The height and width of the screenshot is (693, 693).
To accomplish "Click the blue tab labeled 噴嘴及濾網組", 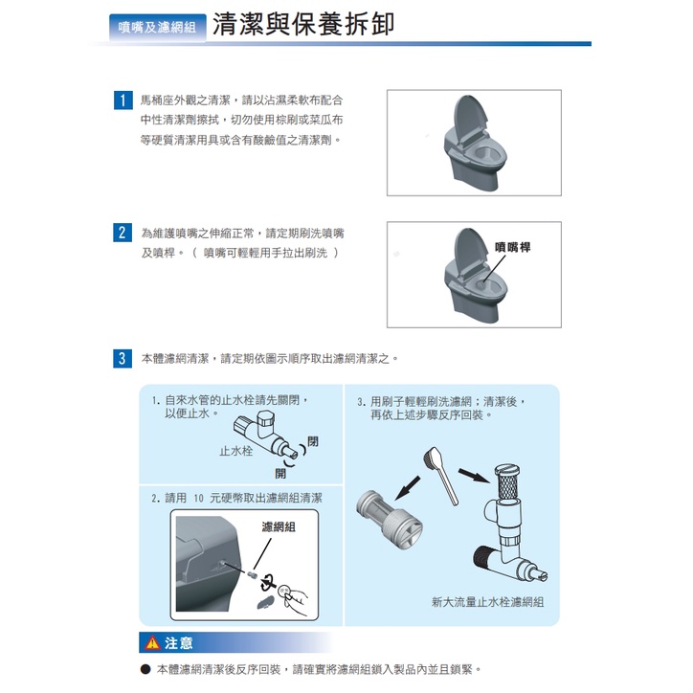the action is point(157,28).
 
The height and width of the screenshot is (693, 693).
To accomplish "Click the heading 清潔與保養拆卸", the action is point(303,23).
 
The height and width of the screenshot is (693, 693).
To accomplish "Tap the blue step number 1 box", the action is point(123,100).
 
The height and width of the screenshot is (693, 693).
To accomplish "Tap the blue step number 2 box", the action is point(123,233).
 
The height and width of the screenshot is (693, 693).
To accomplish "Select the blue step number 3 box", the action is point(123,358).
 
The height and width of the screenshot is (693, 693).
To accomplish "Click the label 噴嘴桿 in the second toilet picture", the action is point(513,247).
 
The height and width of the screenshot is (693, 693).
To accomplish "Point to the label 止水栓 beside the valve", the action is point(236,451).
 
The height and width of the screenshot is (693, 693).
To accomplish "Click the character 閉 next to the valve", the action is point(313,441).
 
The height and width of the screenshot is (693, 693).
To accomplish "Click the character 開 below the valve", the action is point(280,474).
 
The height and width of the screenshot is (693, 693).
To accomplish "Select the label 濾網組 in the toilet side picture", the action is point(279,526).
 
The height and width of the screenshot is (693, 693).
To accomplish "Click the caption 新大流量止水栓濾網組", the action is point(487,602).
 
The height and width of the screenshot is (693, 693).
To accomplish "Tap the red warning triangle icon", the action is point(152,642).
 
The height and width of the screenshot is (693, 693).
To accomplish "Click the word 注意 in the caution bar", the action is point(179,642).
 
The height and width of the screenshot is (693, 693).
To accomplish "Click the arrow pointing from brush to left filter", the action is point(407,487).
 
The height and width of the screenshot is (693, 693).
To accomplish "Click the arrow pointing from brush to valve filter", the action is point(474,476).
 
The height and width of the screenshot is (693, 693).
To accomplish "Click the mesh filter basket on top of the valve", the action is point(506,481).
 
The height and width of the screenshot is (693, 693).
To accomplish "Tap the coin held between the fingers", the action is point(283,589).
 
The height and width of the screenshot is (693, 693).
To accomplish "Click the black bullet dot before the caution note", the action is point(145,669).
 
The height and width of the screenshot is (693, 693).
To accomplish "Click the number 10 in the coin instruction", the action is point(198,499).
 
